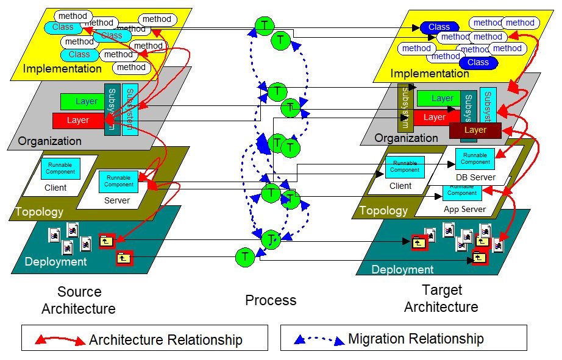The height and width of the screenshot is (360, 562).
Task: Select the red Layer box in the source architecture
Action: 77,120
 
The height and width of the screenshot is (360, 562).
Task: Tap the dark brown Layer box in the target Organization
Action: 475,130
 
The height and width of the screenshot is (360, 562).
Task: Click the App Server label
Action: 464,209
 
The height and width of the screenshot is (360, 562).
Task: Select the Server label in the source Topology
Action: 117,200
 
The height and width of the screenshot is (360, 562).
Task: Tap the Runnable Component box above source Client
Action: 60,168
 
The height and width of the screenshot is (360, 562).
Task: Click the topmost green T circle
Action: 265,25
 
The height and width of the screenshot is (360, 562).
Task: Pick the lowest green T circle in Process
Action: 245,257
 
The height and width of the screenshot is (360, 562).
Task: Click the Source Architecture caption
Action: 78,300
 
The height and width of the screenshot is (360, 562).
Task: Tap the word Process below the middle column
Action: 271,300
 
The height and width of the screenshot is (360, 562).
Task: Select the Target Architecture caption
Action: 441,298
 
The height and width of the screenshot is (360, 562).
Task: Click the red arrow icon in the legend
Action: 61,340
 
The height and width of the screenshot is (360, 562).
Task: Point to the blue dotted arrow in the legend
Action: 319,339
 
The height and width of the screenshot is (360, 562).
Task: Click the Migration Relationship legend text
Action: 416,339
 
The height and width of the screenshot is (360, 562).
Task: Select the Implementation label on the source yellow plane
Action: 62,69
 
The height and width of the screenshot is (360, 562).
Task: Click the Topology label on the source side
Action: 40,212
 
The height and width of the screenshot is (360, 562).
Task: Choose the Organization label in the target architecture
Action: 406,138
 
